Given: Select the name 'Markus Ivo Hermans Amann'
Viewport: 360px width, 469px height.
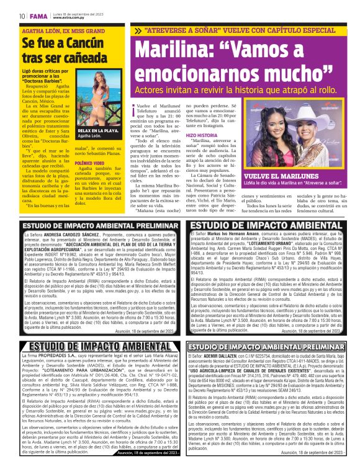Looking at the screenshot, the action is pyautogui.click(x=237, y=233).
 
